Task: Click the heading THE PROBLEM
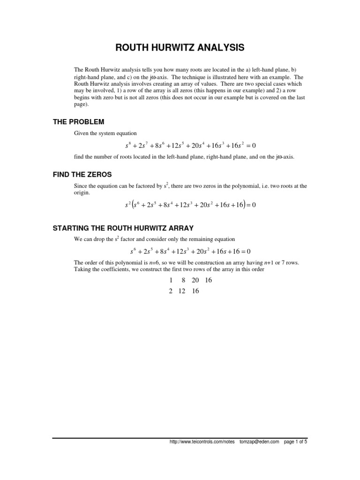78,122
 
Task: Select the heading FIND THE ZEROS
82,174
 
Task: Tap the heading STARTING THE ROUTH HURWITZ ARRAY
123,228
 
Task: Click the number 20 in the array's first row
195,280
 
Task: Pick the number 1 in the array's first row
172,280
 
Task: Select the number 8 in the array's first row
183,280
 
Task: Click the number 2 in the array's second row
171,291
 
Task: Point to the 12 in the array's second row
182,291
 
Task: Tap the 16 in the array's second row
195,291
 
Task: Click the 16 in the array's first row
209,280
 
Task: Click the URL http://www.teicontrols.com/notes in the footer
202,442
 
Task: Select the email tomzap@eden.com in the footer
259,442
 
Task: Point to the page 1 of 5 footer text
296,442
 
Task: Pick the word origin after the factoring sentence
82,192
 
